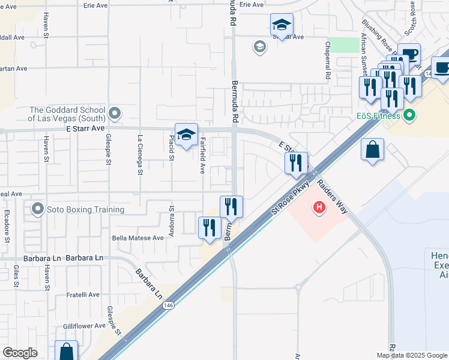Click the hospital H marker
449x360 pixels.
click(319, 208)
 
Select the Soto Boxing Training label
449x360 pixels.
click(85, 209)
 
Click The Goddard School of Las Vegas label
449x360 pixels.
click(67, 114)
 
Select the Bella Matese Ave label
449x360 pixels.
click(138, 238)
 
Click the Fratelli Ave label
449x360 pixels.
click(83, 295)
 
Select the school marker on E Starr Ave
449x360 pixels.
click(187, 136)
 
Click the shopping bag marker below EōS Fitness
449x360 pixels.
click(372, 149)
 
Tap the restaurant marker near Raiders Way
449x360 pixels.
click(295, 163)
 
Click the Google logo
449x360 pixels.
click(20, 353)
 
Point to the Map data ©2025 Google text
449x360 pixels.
click(412, 355)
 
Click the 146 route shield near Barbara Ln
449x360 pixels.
click(170, 305)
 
